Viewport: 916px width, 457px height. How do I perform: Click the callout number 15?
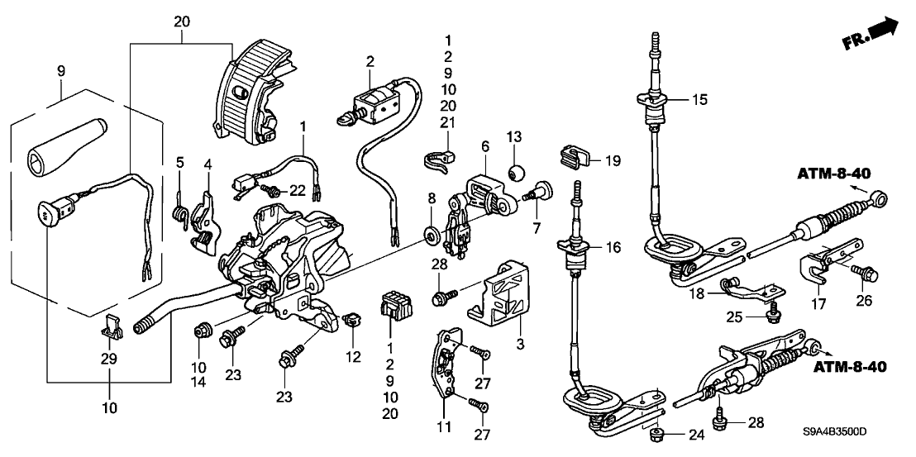[x=699, y=100]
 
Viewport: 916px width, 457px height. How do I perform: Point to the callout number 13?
[x=512, y=136]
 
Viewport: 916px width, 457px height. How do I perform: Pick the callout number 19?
[x=610, y=158]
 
